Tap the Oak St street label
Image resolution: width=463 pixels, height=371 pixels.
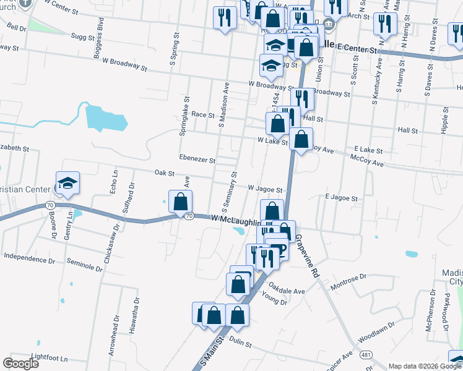[164, 173]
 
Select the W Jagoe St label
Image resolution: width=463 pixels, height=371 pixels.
[265, 189]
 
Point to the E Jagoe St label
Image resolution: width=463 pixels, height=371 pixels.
[341, 198]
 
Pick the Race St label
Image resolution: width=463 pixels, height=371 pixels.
[202, 114]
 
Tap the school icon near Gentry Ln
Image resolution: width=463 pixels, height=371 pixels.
[67, 183]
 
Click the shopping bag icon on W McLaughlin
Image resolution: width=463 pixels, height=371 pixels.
[180, 202]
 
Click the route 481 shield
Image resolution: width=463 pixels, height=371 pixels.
[366, 354]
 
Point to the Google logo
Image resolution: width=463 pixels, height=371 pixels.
[21, 364]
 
